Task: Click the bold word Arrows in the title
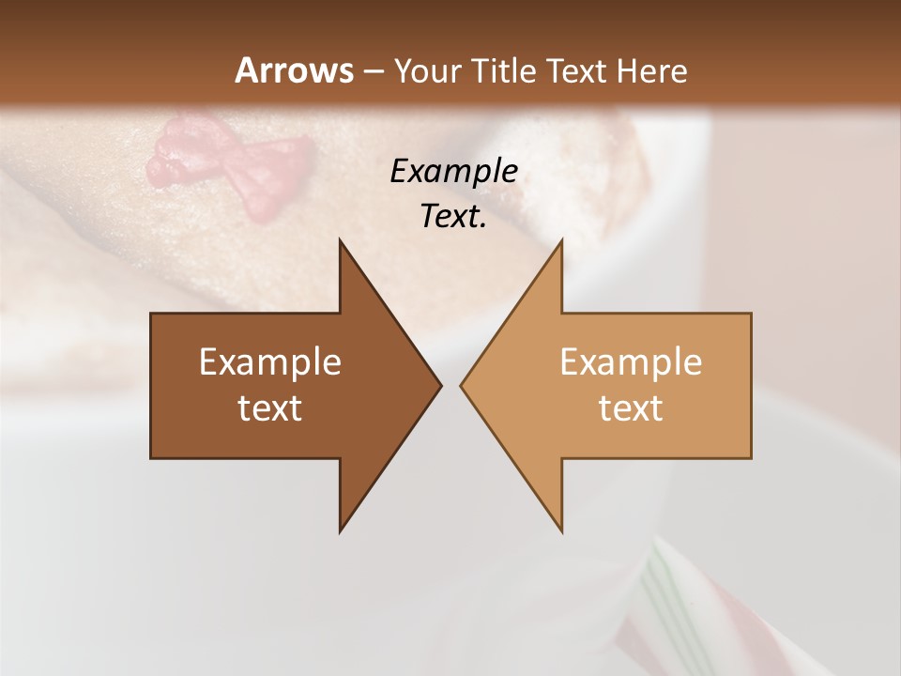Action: [x=294, y=70]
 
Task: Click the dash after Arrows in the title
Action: [x=374, y=71]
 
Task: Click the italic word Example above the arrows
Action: [x=453, y=172]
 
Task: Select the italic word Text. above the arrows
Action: [x=453, y=217]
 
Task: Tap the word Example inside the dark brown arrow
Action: [x=270, y=361]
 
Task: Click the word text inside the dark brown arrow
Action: [x=270, y=408]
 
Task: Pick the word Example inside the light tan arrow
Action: [x=631, y=361]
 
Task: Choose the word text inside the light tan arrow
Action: [x=631, y=408]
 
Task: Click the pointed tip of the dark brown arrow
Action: [x=438, y=385]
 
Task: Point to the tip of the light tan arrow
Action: [x=464, y=385]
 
